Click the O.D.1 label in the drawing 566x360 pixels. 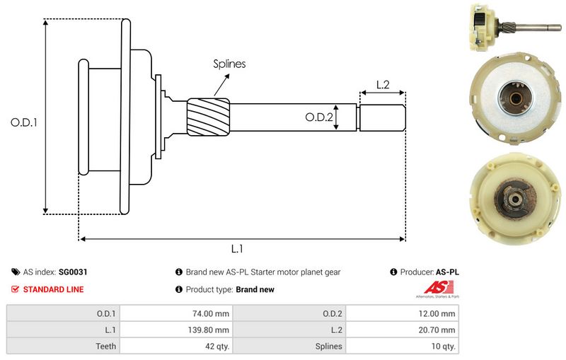point(23,122)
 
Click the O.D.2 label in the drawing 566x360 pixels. point(319,117)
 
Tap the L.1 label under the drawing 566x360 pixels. point(238,249)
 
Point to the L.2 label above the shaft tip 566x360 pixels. point(382,84)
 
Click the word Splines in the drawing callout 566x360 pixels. point(229,64)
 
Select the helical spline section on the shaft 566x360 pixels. point(209,117)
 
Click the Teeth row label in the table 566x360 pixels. point(106,346)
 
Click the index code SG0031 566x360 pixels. point(73,272)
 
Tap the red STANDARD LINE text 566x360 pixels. point(53,289)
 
